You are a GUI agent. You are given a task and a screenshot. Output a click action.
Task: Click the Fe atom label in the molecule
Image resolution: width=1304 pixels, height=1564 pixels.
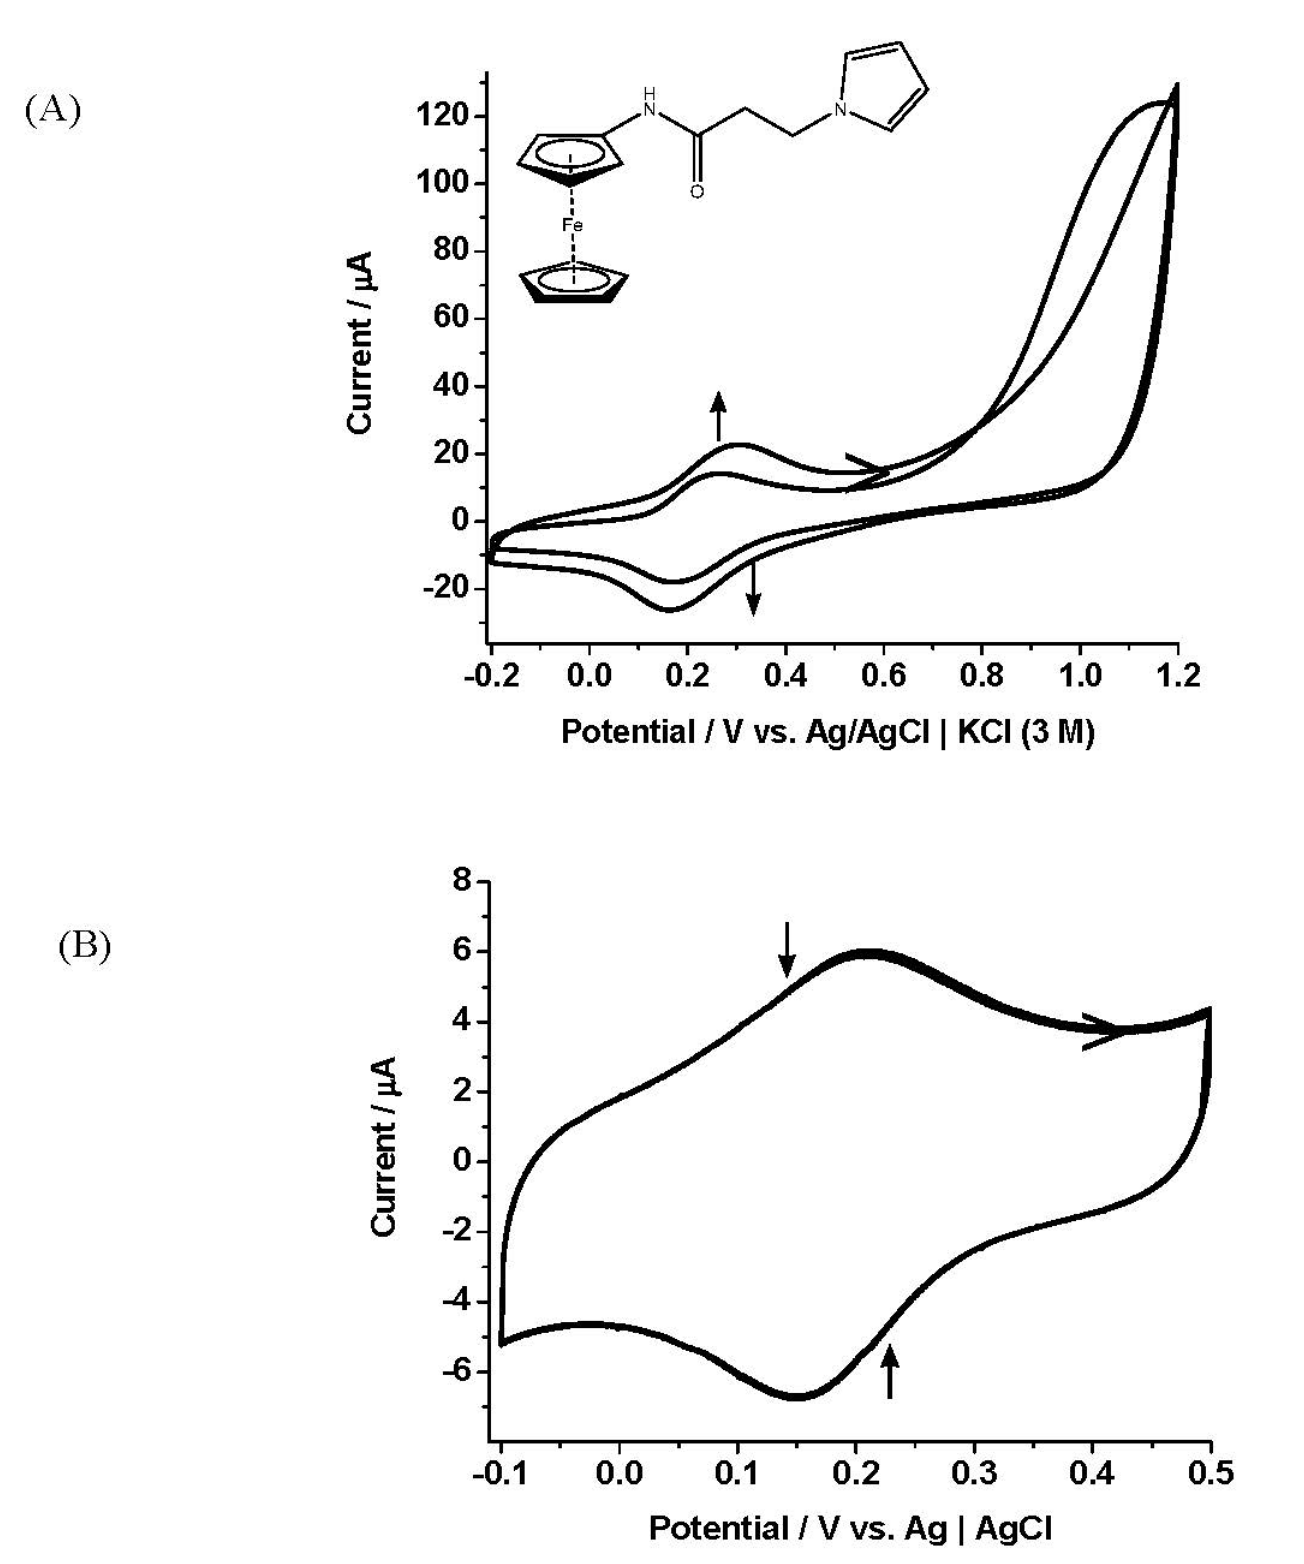(572, 225)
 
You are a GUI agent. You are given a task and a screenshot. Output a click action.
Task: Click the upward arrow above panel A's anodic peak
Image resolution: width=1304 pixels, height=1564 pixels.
(718, 416)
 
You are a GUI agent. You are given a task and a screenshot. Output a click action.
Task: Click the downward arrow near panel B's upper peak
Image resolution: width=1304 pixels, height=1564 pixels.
(787, 950)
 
